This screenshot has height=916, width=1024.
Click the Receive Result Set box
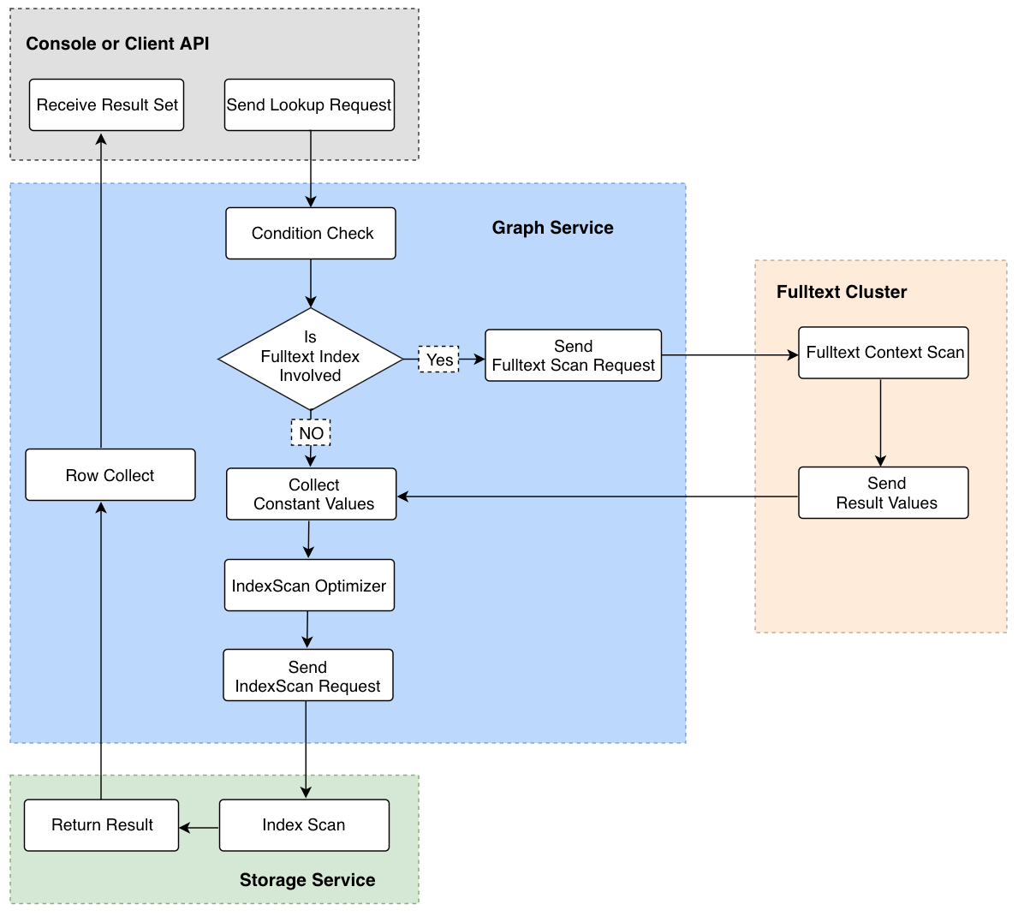(106, 105)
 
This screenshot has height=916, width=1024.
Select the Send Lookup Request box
(310, 105)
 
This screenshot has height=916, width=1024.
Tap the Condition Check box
(311, 233)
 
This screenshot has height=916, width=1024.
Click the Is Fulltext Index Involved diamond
(310, 359)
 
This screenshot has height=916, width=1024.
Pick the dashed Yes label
(439, 359)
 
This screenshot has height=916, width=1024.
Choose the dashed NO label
(311, 433)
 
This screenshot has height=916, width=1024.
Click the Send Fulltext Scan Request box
(574, 355)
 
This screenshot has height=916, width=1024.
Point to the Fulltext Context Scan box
(884, 353)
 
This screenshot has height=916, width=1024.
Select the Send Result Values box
(884, 493)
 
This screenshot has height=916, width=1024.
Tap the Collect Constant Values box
(312, 494)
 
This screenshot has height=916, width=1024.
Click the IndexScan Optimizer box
(310, 585)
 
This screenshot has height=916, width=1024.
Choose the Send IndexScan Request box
(308, 675)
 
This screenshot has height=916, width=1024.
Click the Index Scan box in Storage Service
(304, 825)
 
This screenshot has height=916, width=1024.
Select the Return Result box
(101, 825)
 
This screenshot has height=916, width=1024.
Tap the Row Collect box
(110, 474)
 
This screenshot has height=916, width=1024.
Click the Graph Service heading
(552, 228)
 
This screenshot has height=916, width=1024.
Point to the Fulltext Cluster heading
(841, 292)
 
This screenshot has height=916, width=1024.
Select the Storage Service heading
(307, 880)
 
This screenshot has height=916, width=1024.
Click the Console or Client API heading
(117, 44)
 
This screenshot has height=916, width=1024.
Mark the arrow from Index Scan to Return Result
(199, 828)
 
